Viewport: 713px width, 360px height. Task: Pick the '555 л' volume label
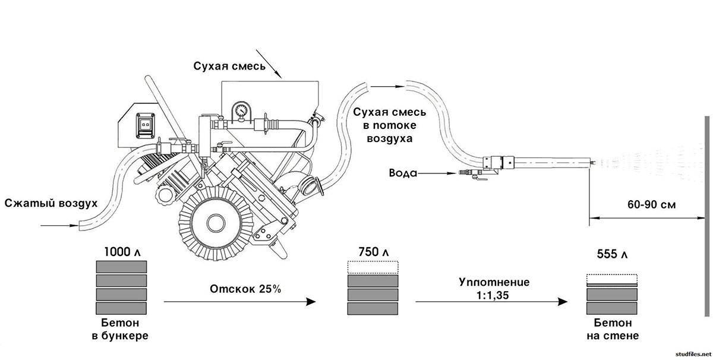(x=611, y=254)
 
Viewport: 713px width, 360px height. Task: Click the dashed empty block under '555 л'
(x=611, y=278)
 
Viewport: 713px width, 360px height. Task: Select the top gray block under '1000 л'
(x=121, y=266)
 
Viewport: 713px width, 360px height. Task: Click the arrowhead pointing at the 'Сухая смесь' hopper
(x=278, y=74)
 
